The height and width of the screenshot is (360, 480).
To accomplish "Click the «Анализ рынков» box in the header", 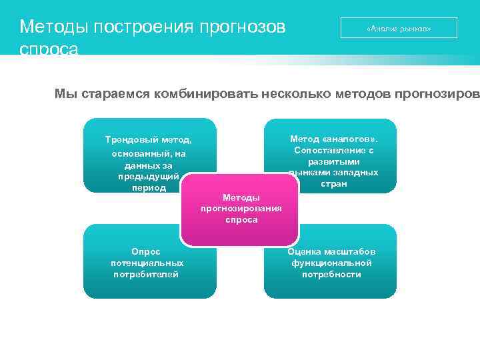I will click(x=399, y=29).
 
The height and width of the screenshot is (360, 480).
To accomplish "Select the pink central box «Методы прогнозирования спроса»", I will click(x=241, y=209).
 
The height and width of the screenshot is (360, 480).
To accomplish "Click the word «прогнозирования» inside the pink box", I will click(x=241, y=209).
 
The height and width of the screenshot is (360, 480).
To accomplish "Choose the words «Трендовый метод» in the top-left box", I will click(x=148, y=140).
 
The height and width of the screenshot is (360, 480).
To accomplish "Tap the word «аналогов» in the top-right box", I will click(x=347, y=139).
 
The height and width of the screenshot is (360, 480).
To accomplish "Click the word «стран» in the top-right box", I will click(x=333, y=183).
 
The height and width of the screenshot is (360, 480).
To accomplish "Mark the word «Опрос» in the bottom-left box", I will click(x=146, y=251).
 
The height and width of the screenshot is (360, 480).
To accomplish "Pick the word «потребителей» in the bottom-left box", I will click(x=146, y=274).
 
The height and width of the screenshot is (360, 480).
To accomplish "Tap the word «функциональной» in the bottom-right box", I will click(x=331, y=263).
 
